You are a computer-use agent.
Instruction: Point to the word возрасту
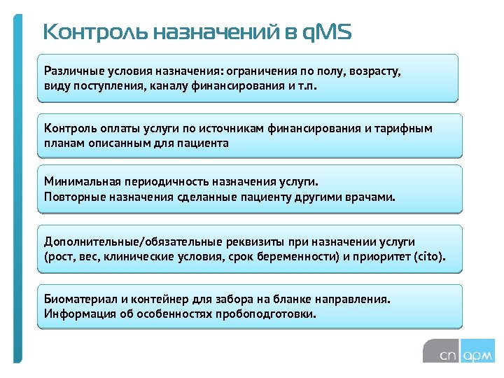tap(373, 71)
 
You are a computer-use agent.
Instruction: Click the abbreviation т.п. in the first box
tap(312, 87)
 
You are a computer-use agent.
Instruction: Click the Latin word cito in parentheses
tap(426, 256)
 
